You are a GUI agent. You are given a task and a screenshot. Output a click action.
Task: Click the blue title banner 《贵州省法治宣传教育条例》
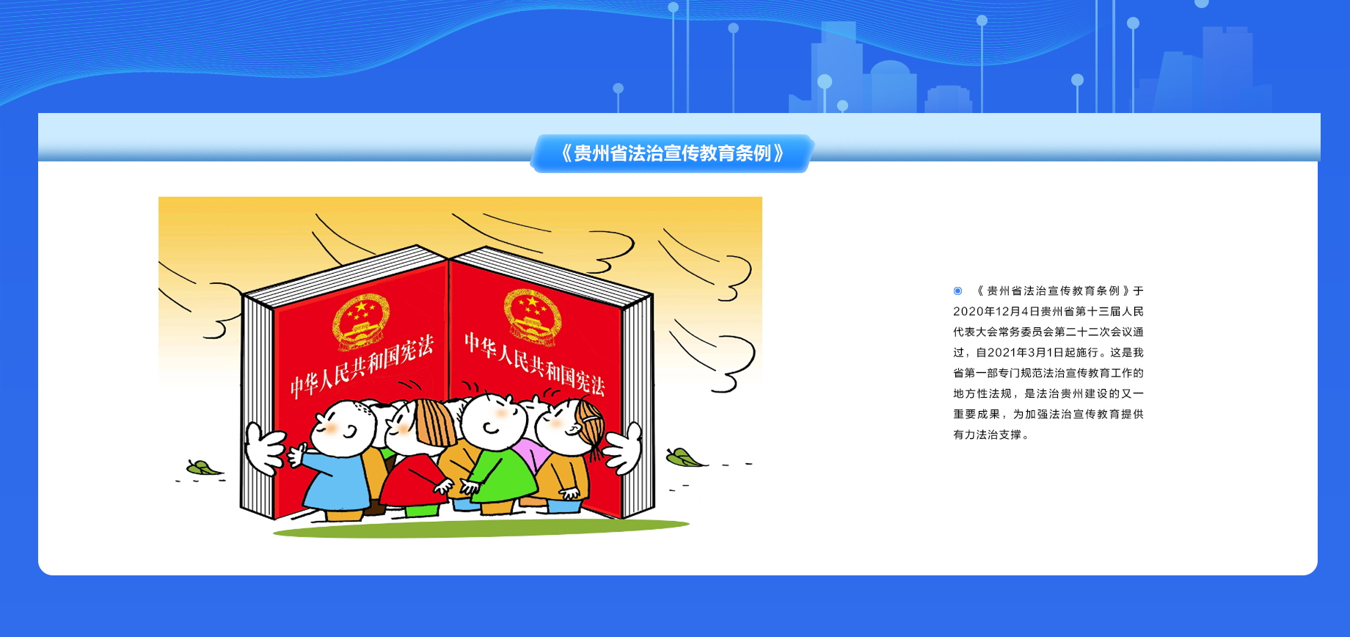(671, 153)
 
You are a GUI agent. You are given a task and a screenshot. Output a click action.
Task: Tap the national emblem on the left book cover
(361, 321)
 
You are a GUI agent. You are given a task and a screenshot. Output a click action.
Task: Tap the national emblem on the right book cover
(532, 316)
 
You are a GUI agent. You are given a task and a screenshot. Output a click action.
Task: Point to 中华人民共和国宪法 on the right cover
(535, 364)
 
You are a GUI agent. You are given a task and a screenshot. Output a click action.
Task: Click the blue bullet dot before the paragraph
(957, 291)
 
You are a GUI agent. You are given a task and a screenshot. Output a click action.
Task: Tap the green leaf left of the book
(203, 467)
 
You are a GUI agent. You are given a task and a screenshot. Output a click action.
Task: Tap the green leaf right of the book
(684, 458)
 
